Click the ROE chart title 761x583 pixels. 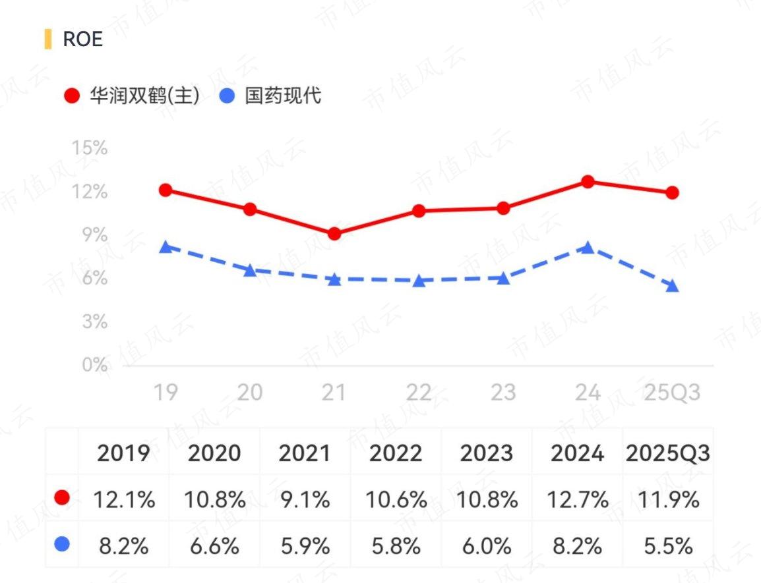[x=82, y=39]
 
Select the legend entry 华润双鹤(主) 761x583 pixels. [x=132, y=96]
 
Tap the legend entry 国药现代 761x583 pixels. [x=271, y=96]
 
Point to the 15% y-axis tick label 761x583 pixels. [x=89, y=148]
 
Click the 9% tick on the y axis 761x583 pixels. [x=95, y=235]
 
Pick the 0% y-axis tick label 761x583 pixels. [x=95, y=364]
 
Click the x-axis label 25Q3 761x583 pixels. [x=672, y=393]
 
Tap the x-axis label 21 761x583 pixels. [x=334, y=393]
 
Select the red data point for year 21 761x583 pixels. [x=334, y=234]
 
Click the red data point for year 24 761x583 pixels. [x=588, y=182]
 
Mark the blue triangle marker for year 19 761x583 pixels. [x=166, y=247]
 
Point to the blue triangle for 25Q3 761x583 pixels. [x=672, y=286]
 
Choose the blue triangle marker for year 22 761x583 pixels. [x=419, y=281]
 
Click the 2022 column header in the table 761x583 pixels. [x=396, y=453]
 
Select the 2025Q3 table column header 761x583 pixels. [x=668, y=453]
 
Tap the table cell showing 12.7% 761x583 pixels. [x=578, y=499]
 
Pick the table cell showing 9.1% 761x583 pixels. [x=305, y=499]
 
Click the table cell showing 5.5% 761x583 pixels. [x=668, y=546]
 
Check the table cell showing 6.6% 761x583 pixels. [x=214, y=546]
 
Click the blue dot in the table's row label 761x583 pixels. [x=62, y=544]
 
